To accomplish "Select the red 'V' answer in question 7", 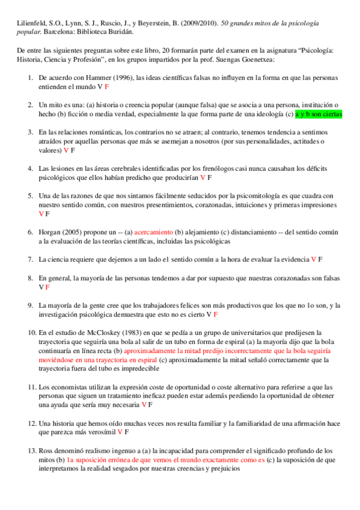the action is click(313, 259).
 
